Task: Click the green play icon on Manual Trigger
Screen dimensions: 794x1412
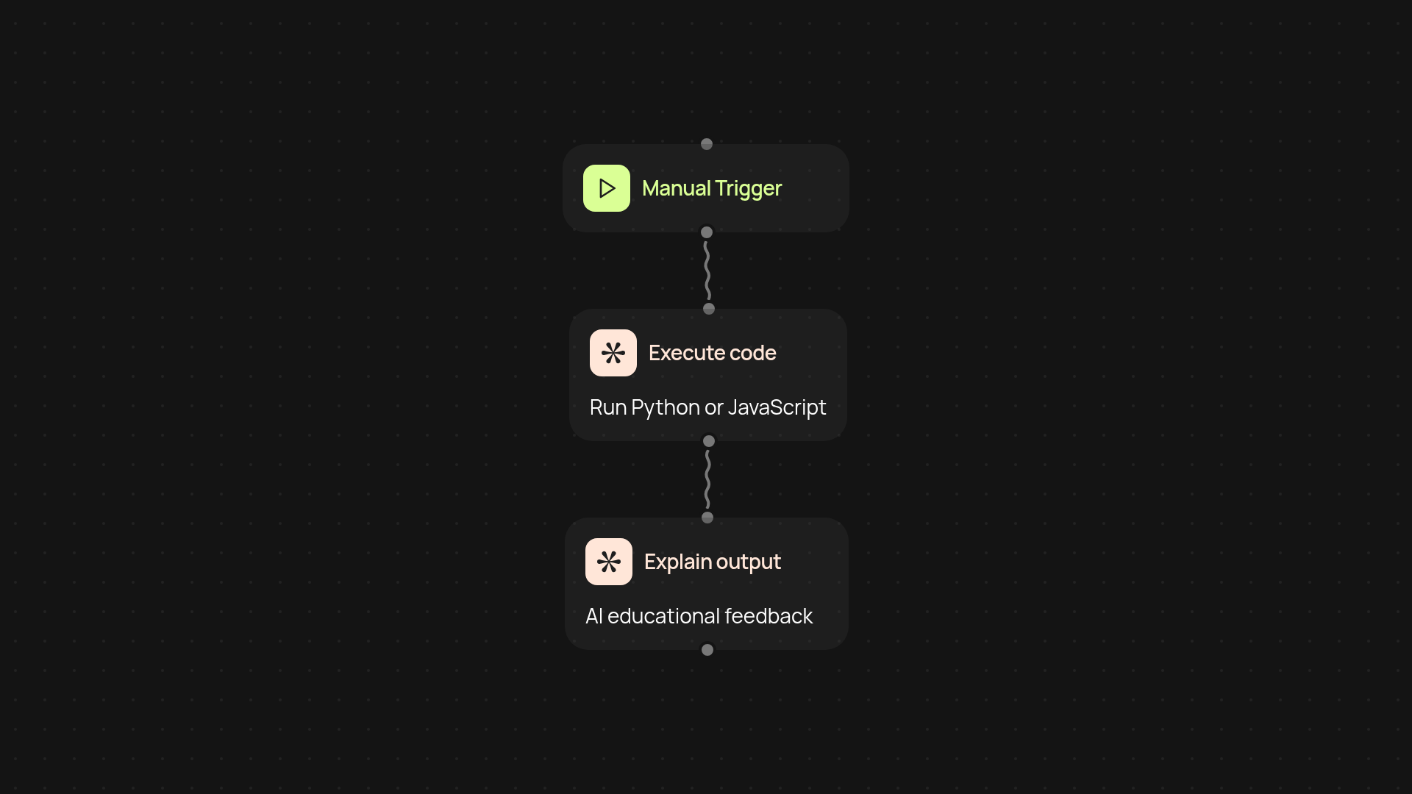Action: [607, 188]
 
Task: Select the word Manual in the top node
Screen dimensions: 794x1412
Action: [676, 188]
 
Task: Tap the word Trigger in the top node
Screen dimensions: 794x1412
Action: [748, 189]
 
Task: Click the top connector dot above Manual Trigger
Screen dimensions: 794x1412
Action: [707, 144]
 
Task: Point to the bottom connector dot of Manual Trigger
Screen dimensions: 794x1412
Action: [707, 232]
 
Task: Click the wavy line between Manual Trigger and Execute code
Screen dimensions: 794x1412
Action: [707, 271]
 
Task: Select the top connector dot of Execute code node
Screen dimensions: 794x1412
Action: [709, 309]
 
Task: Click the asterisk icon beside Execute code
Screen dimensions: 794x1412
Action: [613, 353]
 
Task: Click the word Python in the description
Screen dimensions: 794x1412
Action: [665, 408]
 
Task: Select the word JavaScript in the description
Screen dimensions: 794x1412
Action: [777, 408]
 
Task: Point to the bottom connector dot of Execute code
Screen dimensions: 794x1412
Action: [709, 441]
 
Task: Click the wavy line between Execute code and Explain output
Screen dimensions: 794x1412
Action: [707, 479]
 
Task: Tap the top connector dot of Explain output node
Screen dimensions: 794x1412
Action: [707, 518]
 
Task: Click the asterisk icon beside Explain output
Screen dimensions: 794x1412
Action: [609, 562]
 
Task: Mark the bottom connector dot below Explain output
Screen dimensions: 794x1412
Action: [707, 650]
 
